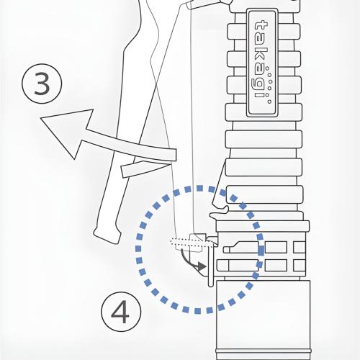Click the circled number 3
(42, 84)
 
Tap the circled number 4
(121, 312)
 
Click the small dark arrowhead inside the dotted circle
(202, 266)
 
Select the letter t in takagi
(261, 28)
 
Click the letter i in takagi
(261, 95)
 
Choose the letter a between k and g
(260, 71)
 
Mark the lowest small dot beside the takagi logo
(269, 102)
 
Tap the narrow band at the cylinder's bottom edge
(263, 351)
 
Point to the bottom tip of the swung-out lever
(106, 238)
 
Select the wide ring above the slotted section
(263, 226)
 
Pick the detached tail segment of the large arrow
(145, 168)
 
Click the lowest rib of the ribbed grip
(264, 194)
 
